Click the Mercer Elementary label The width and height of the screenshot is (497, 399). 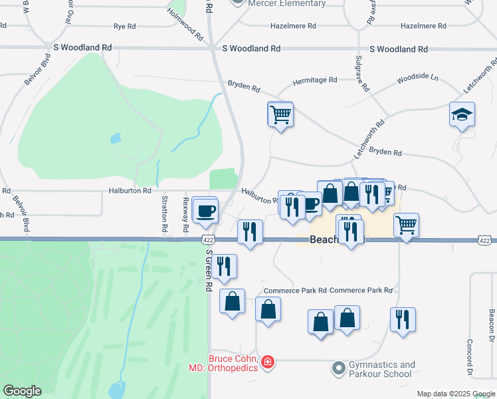click(x=286, y=3)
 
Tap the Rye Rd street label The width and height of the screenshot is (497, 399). click(x=124, y=26)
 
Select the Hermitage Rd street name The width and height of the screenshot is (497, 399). click(x=315, y=80)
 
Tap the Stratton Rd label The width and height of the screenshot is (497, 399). click(x=165, y=214)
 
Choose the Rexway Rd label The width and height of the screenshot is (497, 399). click(x=185, y=215)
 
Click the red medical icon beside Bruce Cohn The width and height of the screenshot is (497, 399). click(x=267, y=362)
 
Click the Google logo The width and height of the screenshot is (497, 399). click(x=23, y=391)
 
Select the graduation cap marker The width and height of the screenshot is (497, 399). click(x=462, y=115)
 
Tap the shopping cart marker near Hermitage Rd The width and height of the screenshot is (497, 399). click(x=280, y=114)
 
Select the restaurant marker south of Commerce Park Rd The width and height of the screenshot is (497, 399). click(x=403, y=320)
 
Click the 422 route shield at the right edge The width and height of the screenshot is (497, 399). click(x=484, y=239)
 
